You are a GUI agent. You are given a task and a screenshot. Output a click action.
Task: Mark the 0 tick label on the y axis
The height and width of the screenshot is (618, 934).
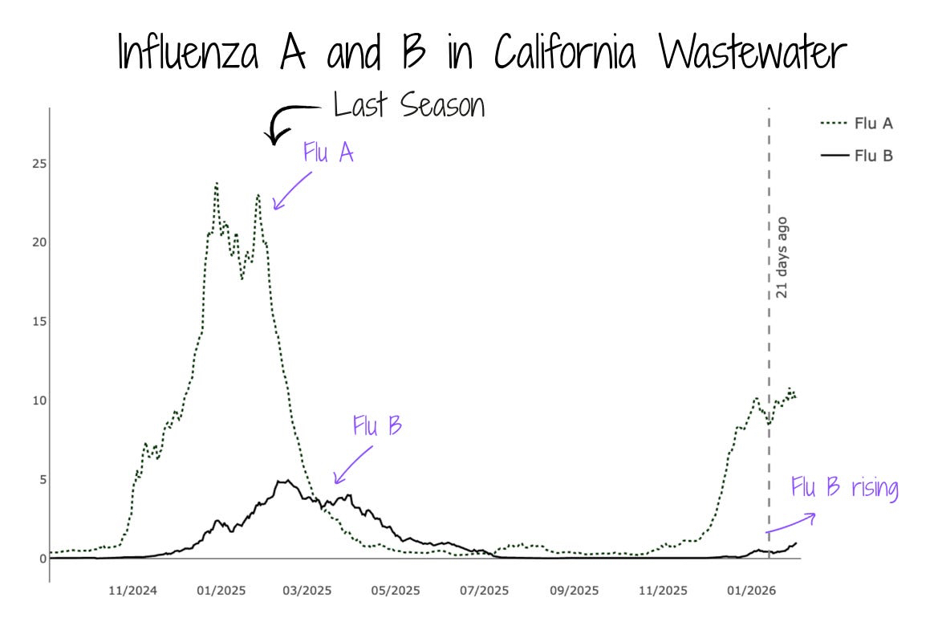[43, 559]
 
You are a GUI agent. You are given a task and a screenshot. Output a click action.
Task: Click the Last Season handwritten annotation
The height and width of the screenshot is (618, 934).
[408, 105]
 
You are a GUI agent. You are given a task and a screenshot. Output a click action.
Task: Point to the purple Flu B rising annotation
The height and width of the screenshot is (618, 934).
[844, 488]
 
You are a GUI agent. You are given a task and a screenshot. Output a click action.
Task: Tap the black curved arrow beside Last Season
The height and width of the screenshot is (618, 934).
[289, 120]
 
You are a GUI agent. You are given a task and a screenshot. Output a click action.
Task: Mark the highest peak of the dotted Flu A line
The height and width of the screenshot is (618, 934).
[216, 184]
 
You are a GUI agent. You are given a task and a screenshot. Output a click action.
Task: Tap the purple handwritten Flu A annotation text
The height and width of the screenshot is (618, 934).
[328, 152]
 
